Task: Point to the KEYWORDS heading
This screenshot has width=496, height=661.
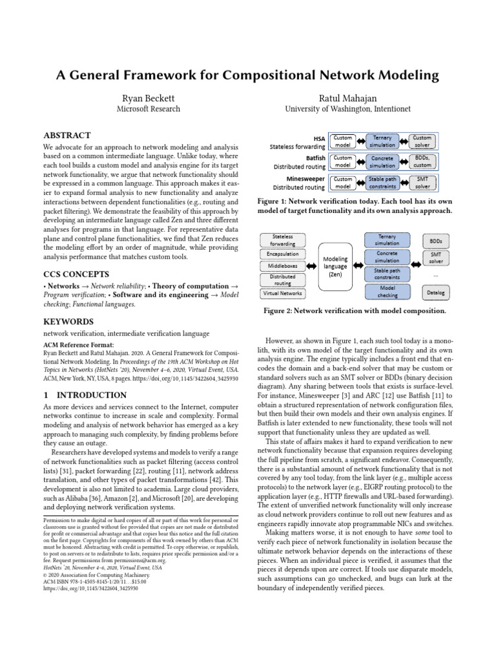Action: coord(68,321)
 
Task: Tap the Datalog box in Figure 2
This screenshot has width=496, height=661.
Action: coord(436,292)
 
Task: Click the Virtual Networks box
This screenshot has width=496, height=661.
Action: coord(283,293)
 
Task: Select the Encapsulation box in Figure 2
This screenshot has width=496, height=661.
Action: coord(283,254)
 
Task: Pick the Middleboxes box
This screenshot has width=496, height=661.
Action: coord(283,266)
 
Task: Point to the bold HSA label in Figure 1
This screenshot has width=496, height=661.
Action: coord(319,138)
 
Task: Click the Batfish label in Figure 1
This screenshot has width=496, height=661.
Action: coord(315,157)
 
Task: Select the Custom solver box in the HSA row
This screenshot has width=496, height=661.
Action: coord(422,141)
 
